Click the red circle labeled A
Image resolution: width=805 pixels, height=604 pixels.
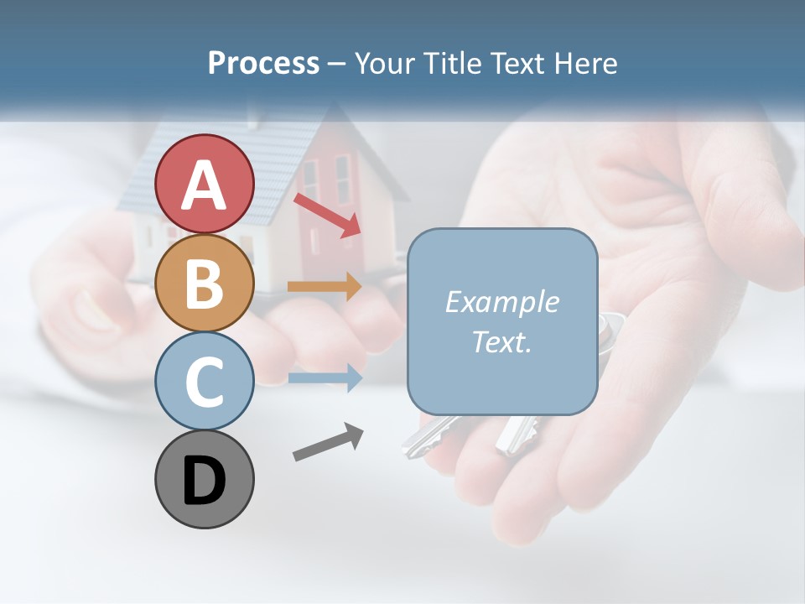pos(205,184)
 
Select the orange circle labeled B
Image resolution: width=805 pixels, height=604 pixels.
pos(205,283)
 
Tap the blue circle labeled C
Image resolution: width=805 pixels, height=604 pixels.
pos(205,381)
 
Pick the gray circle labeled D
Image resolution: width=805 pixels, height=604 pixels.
pos(205,479)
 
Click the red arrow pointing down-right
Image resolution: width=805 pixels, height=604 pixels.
pos(327,215)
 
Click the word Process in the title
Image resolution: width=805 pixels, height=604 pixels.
pos(263,63)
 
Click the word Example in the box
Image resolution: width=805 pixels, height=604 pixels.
pos(501,302)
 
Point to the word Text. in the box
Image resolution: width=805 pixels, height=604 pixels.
pos(501,341)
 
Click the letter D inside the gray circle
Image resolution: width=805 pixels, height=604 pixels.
pos(205,481)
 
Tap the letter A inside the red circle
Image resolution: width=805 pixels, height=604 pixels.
pos(205,185)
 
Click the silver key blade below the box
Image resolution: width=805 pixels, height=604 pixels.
pos(428,437)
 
